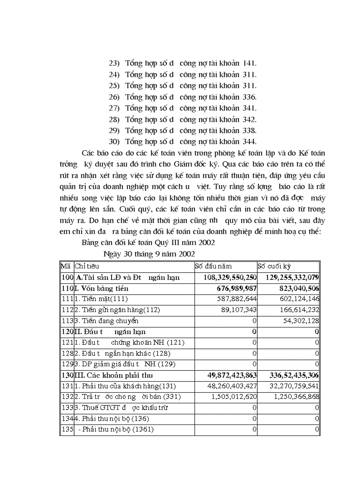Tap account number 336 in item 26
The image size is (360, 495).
coord(250,97)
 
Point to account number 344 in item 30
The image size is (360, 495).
coord(250,141)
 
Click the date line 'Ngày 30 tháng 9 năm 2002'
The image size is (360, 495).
coord(150,253)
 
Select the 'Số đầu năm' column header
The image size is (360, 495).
coord(214,266)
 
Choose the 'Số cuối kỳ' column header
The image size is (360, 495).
coord(274,266)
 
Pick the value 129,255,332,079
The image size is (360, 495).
coord(292,277)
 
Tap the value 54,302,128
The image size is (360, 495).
coord(301,320)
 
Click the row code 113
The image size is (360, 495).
coord(66,320)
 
